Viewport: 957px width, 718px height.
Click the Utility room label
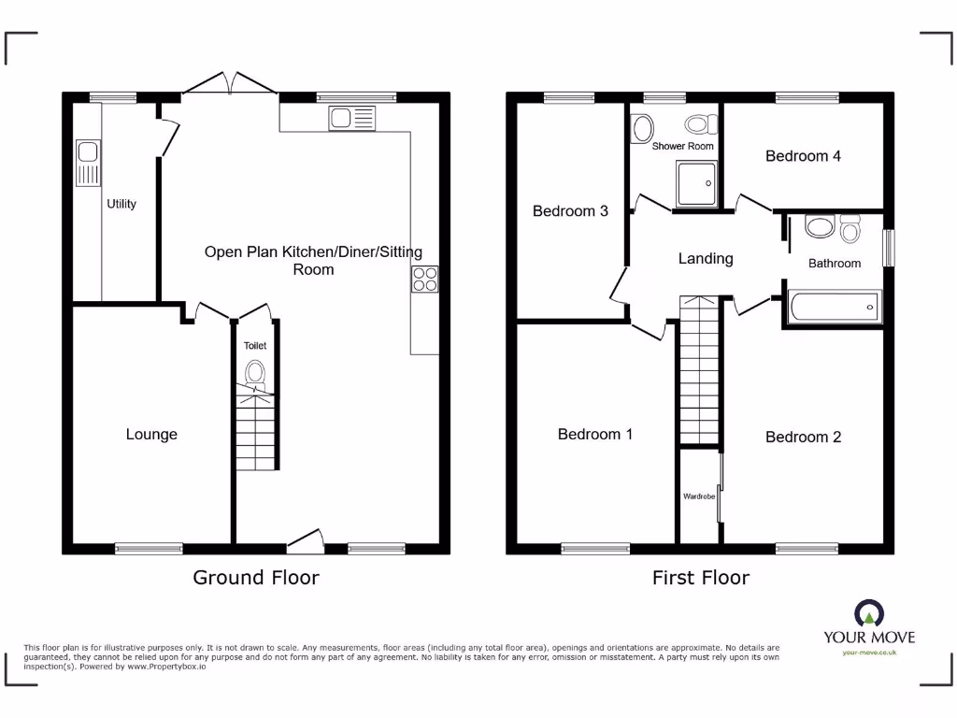[121, 204]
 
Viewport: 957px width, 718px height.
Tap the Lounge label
[151, 435]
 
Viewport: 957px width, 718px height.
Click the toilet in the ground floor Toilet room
[255, 375]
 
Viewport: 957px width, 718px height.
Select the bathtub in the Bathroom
[833, 306]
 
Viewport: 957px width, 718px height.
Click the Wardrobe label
[698, 496]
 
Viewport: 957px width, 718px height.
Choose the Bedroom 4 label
[803, 156]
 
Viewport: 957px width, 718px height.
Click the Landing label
[706, 259]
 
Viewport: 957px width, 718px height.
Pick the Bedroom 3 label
[570, 211]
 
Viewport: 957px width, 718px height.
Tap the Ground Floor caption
[255, 578]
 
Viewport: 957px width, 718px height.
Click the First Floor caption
[700, 578]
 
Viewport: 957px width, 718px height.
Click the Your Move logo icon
[869, 613]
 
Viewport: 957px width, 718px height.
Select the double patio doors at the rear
[230, 84]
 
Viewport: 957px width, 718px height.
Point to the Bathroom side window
[889, 249]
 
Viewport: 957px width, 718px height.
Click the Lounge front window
[149, 549]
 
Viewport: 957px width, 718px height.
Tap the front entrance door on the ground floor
[305, 539]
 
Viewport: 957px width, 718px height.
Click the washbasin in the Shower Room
[641, 127]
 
